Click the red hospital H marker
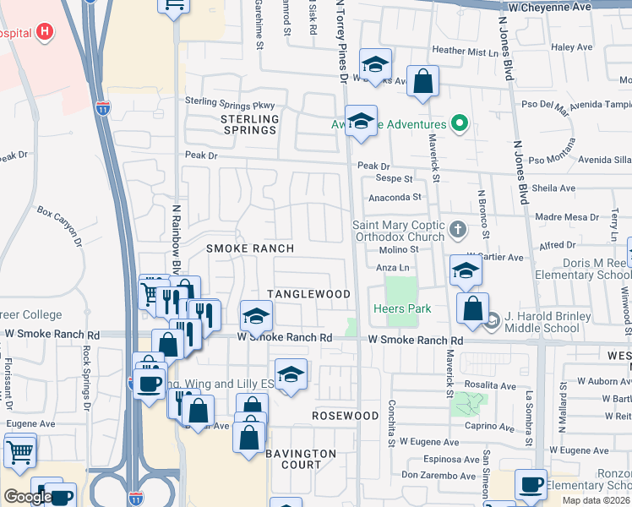(46, 33)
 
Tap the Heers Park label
(403, 308)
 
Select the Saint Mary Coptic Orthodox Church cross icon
(457, 228)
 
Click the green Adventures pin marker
(460, 123)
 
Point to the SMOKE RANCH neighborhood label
(250, 248)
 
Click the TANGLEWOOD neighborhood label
(308, 293)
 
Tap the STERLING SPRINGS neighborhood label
(249, 124)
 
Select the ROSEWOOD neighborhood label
(346, 416)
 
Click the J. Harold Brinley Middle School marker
(493, 319)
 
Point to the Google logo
(27, 496)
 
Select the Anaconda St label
(393, 197)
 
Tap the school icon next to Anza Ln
(465, 271)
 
